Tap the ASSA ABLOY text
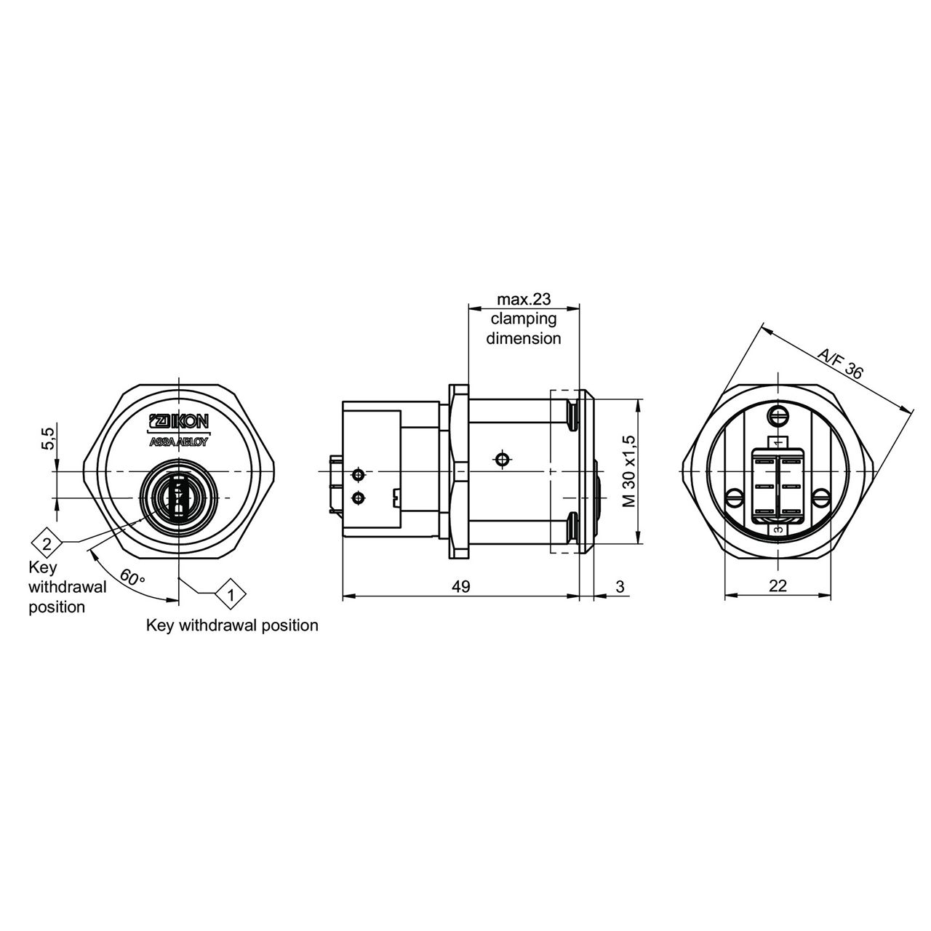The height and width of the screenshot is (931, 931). pos(177,442)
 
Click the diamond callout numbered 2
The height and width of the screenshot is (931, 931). pos(47,545)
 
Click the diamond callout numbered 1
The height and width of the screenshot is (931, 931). pos(231,594)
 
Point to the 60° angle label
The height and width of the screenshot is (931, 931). pos(132,578)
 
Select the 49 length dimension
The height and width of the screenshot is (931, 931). pos(460,586)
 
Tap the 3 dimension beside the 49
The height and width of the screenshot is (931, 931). pos(620,586)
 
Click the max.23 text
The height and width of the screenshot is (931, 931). pos(524,299)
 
